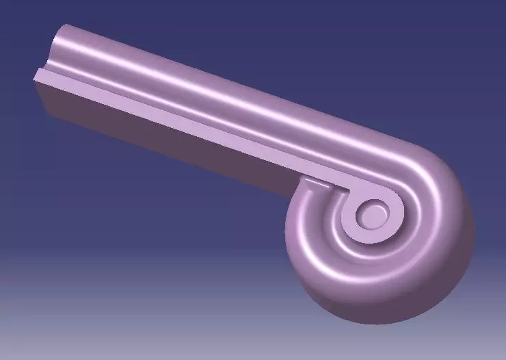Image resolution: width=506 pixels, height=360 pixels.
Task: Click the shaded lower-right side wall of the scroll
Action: coord(438,281)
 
